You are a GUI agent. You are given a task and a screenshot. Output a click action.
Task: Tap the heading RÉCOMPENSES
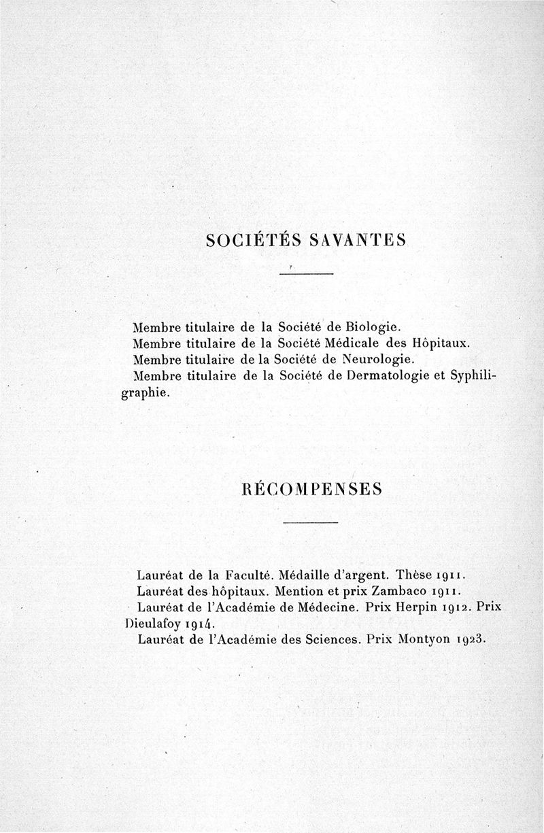pyautogui.click(x=310, y=489)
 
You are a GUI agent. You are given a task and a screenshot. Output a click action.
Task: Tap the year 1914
pyautogui.click(x=197, y=624)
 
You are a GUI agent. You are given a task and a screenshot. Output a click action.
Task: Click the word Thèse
pyautogui.click(x=418, y=573)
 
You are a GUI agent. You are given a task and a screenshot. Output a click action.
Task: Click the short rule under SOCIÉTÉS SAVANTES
pyautogui.click(x=306, y=273)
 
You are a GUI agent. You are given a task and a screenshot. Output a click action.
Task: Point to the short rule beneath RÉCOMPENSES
pyautogui.click(x=310, y=522)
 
